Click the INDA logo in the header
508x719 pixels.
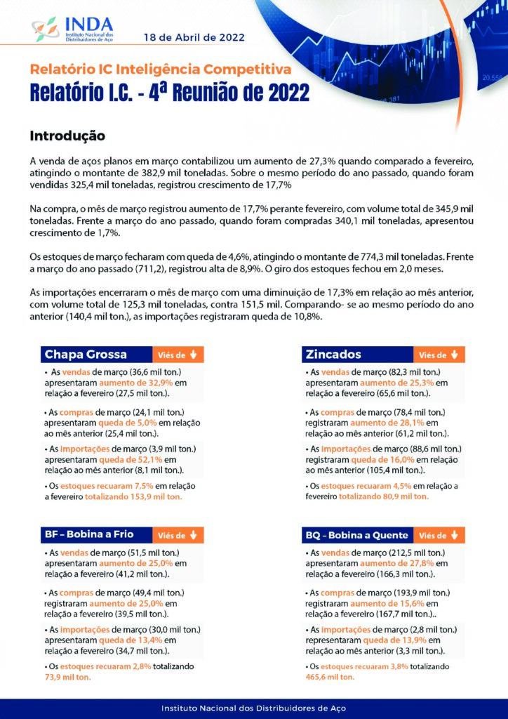(73, 29)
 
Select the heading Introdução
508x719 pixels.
(67, 135)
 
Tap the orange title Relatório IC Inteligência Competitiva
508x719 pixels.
(160, 69)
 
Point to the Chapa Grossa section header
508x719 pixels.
(86, 355)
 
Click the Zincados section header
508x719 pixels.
(333, 355)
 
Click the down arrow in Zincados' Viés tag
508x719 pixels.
(454, 355)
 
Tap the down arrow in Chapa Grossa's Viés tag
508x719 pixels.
(193, 355)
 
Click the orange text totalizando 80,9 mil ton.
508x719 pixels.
(384, 496)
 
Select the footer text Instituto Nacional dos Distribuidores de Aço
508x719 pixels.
(253, 708)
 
